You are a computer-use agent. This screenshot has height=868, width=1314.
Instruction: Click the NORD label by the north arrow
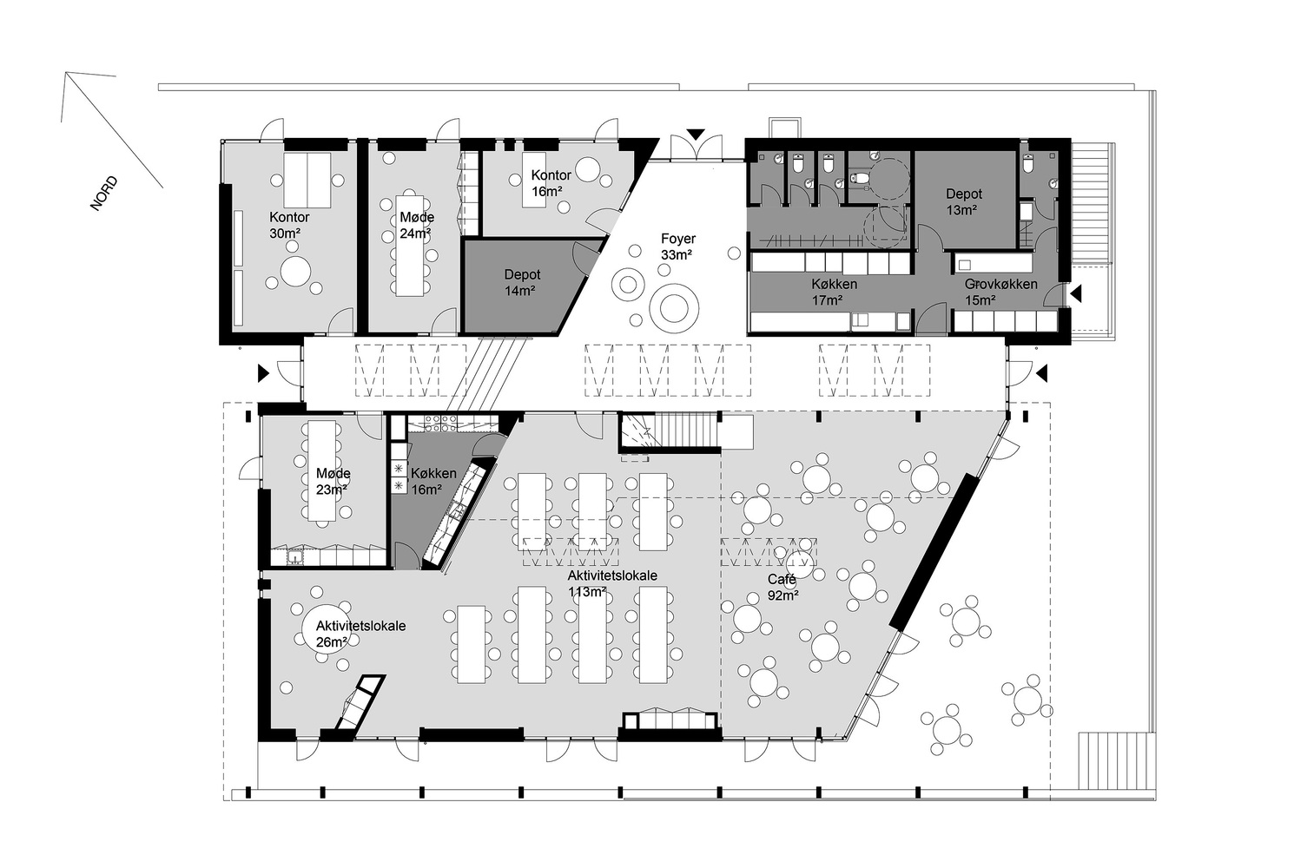[103, 194]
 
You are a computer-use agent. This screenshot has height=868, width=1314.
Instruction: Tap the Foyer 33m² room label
[677, 247]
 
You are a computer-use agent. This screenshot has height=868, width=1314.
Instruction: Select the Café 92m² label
[782, 588]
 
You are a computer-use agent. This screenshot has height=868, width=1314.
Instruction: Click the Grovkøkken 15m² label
[1000, 293]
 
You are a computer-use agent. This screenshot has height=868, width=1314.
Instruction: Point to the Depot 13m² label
[964, 202]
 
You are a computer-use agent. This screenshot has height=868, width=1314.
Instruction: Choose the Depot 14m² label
[522, 283]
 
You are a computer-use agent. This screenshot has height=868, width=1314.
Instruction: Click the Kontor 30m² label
[289, 225]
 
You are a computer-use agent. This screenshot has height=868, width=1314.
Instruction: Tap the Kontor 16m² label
[551, 183]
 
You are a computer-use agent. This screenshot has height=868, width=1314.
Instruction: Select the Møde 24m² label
[416, 225]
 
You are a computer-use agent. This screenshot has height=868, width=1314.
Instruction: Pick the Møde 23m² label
[333, 481]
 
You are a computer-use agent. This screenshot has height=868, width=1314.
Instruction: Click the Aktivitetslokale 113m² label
[611, 583]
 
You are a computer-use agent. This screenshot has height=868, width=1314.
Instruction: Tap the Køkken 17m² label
[834, 293]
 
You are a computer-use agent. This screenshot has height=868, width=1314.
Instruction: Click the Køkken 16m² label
[432, 481]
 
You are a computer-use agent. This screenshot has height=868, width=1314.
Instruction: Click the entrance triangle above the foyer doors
[695, 135]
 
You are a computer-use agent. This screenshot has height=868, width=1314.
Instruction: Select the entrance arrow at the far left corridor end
[262, 373]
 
